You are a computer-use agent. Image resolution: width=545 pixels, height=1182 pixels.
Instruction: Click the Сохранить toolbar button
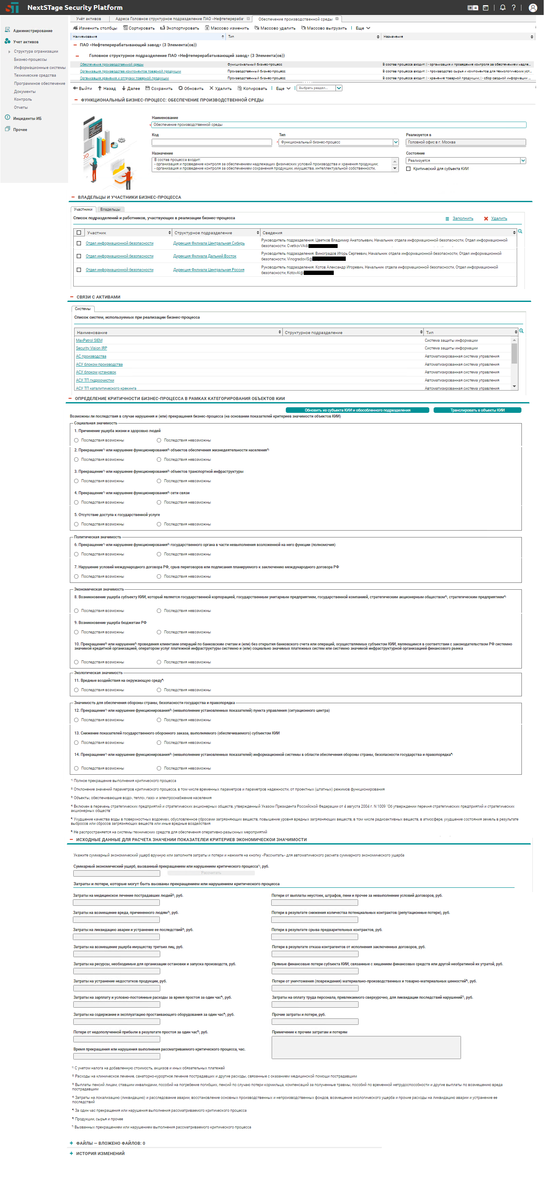(159, 89)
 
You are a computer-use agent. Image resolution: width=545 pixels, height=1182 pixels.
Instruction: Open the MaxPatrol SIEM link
(89, 340)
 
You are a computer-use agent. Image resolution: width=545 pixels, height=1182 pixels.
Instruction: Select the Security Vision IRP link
(91, 348)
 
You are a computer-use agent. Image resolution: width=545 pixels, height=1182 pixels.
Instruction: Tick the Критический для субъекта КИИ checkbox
(408, 169)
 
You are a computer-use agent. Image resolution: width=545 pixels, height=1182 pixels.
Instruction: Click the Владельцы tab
(110, 209)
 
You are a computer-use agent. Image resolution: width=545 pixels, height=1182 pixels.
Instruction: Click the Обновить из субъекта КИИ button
(357, 410)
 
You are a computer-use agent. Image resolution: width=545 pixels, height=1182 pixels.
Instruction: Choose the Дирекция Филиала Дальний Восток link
(205, 256)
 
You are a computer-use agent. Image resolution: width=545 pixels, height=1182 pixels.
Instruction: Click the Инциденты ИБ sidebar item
(27, 118)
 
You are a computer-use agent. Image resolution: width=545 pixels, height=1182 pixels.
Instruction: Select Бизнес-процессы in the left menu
(30, 60)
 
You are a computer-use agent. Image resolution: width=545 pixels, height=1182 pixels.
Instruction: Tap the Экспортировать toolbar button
(180, 28)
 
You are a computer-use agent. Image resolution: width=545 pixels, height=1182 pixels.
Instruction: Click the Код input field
(212, 142)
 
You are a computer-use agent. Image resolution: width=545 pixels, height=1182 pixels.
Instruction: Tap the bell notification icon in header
(503, 7)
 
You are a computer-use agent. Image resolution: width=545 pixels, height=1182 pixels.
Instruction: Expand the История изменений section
(100, 1153)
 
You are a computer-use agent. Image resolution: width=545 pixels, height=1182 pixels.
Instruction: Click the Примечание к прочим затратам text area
(366, 1048)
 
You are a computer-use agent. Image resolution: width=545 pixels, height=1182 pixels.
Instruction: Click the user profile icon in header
(533, 7)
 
